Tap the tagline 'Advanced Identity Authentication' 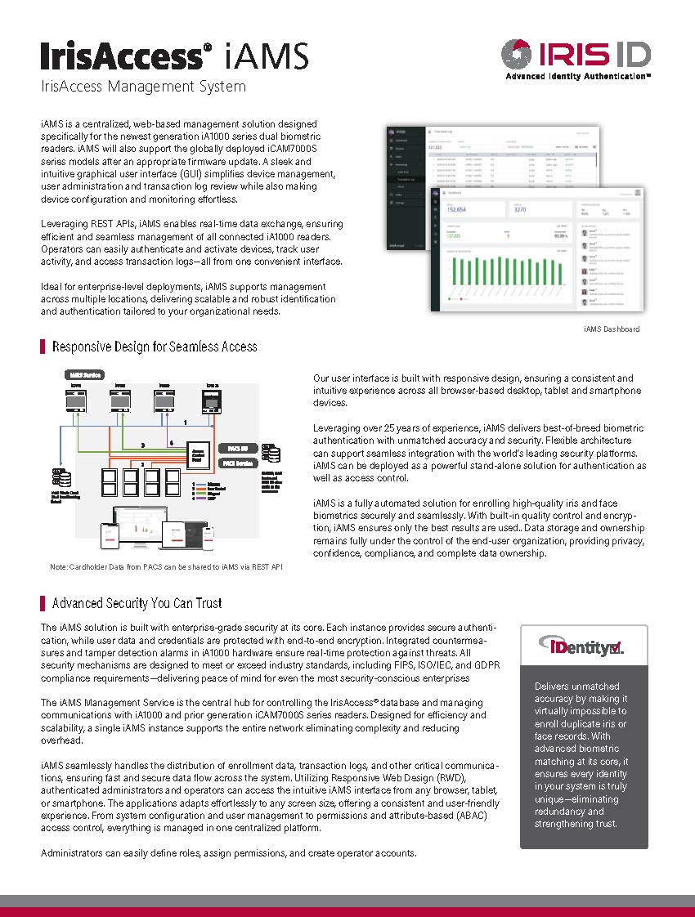578,75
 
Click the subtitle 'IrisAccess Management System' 143,86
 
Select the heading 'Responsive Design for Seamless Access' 155,347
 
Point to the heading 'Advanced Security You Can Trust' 137,603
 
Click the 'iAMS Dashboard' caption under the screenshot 612,329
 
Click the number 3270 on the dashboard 521,208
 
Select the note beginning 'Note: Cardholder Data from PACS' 166,566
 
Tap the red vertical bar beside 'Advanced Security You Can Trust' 42,603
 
